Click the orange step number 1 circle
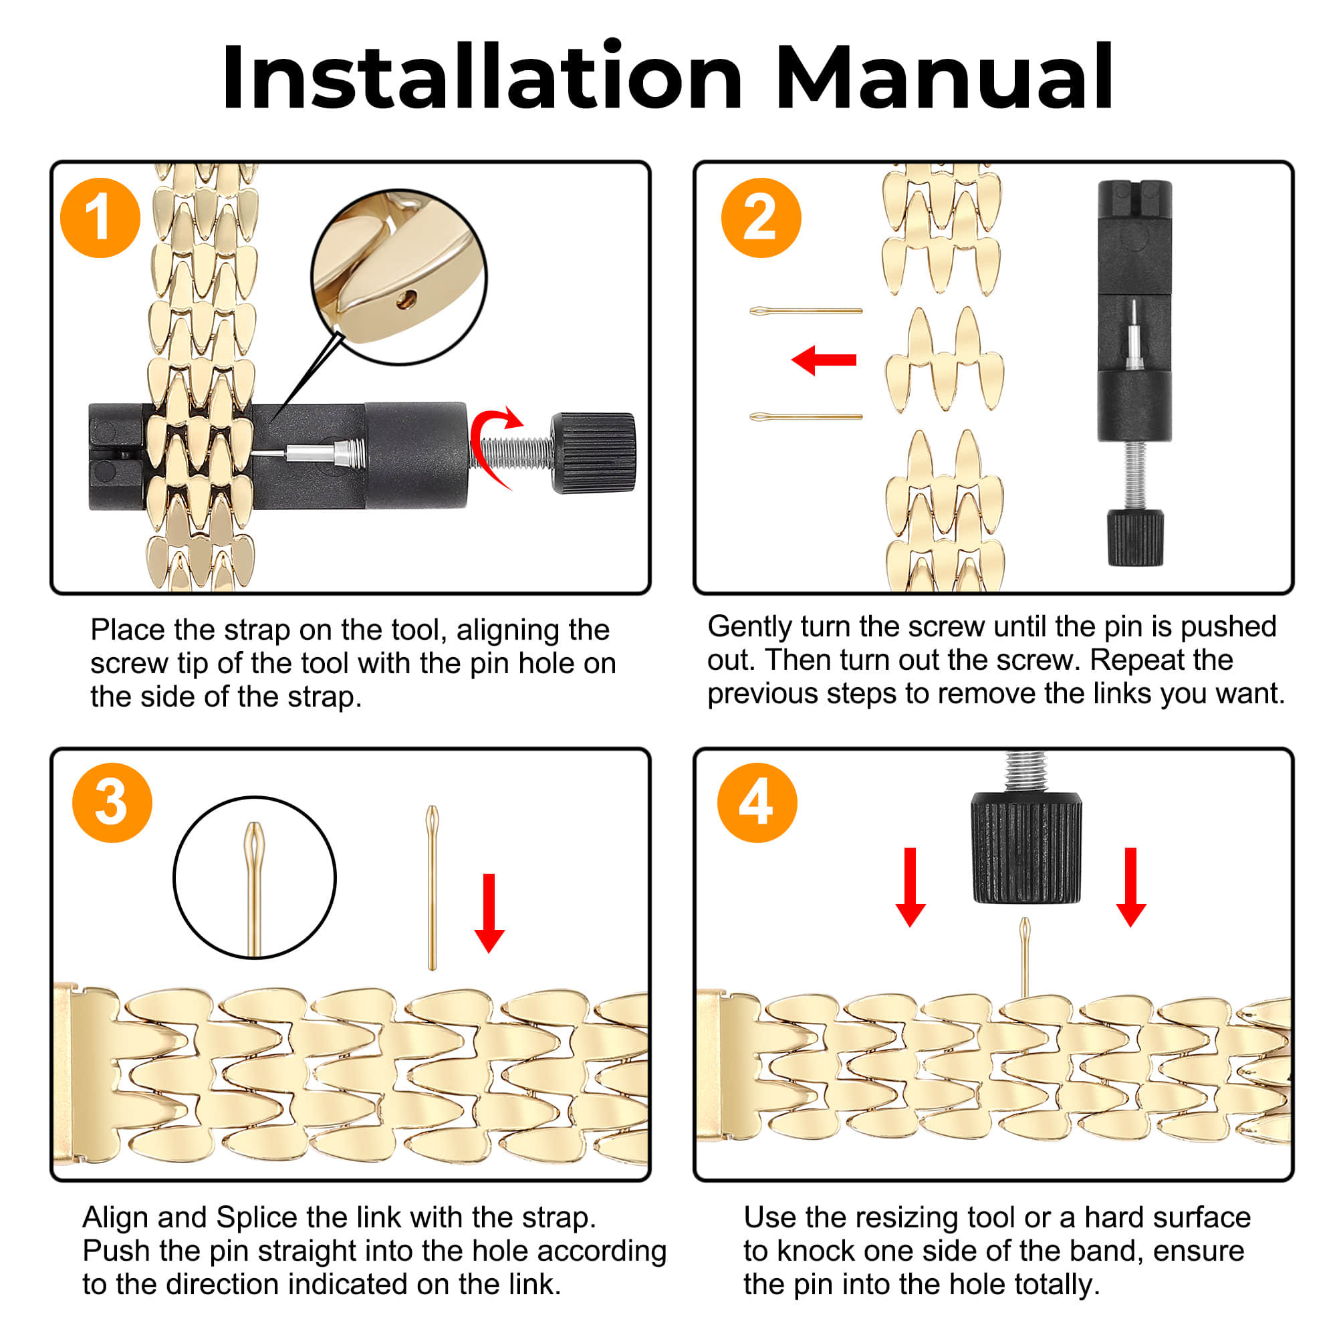[100, 218]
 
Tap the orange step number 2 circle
[761, 218]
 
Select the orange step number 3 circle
[112, 803]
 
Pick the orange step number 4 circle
[757, 803]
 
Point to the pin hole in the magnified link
[406, 299]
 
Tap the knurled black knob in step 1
[594, 453]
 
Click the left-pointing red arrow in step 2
[824, 360]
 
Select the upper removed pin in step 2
[806, 312]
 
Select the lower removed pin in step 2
[806, 416]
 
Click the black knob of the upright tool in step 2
[1134, 538]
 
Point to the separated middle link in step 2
[944, 360]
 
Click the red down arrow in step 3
[489, 913]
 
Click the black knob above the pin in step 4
[1026, 848]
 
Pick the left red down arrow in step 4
[910, 888]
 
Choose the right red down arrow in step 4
[1132, 888]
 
